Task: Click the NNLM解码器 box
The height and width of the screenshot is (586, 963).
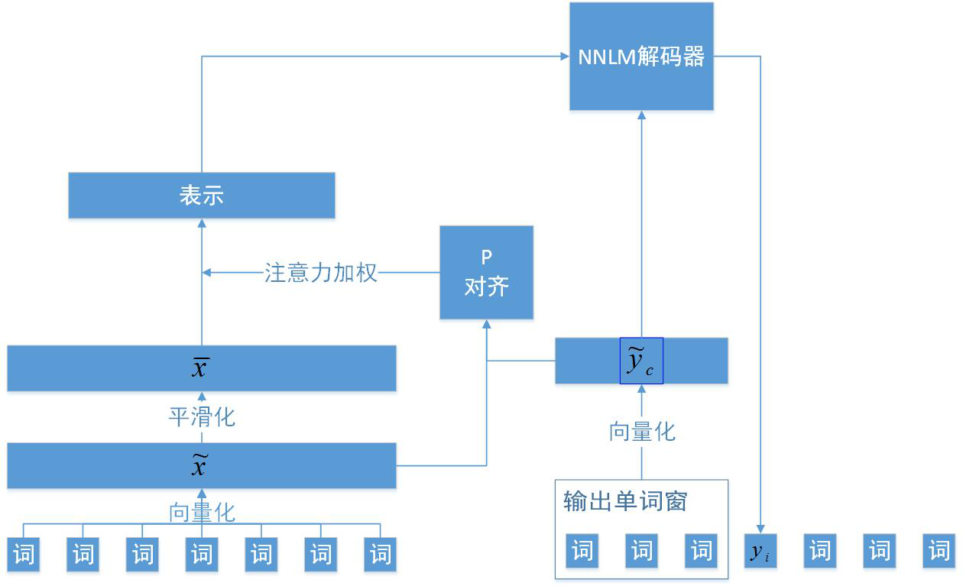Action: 641,57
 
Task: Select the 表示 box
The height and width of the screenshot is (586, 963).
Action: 202,196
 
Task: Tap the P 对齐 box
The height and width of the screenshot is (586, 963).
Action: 486,273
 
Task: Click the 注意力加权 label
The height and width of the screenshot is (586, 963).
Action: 321,273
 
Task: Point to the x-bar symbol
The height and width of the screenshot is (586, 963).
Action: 200,368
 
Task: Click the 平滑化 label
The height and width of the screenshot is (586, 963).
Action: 202,417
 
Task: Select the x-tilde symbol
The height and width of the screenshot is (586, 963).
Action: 200,465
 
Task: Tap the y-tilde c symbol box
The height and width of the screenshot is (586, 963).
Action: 641,361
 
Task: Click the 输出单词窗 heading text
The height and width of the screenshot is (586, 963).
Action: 625,501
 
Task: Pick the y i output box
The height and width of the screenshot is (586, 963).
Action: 760,552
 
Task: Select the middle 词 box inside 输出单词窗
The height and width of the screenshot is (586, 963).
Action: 642,551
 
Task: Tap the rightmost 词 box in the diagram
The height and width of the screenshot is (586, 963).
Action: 939,552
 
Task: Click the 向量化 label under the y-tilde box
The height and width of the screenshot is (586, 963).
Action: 642,432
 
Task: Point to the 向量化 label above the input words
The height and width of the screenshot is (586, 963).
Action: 202,512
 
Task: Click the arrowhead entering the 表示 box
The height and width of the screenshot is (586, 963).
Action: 202,223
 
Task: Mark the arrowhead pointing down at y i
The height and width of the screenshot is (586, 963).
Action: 760,529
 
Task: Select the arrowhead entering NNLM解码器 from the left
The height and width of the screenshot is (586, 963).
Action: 564,56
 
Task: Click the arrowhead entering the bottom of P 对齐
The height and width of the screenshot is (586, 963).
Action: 486,324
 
